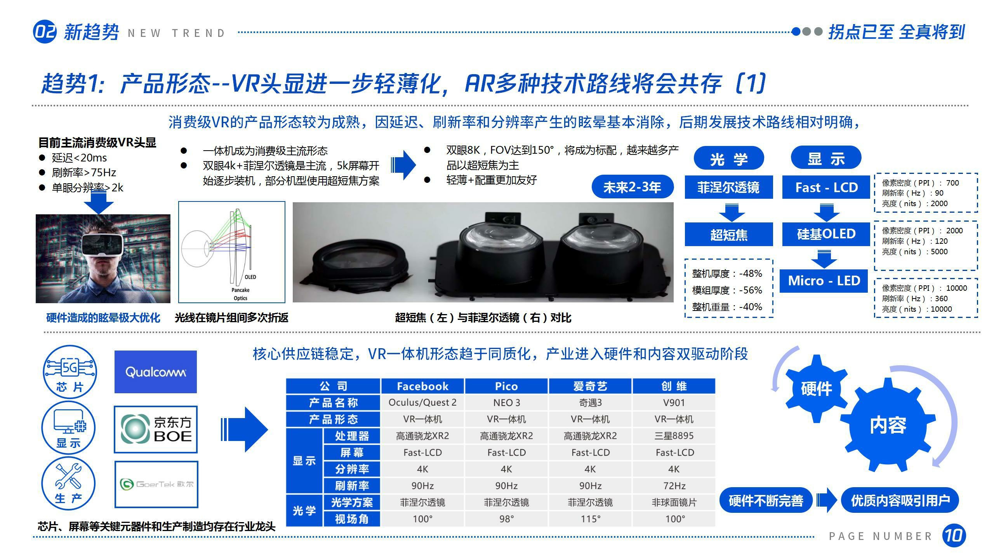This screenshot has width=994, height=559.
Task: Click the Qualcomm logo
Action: coord(155,372)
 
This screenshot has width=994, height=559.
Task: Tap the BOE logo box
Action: coord(156,429)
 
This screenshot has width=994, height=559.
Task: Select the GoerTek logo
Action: coord(156,484)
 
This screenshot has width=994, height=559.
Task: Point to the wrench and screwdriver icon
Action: coord(68,477)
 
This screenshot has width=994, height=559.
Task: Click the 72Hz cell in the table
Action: coord(674,486)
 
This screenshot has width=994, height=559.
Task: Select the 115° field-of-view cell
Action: coord(590,519)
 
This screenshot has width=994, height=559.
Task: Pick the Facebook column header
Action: coord(422,386)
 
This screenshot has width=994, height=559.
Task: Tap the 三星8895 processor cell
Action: coord(674,436)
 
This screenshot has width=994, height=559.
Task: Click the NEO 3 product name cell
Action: coord(506,403)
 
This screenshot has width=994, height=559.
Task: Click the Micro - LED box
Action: coord(824,281)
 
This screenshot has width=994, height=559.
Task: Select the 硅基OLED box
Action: coord(826,234)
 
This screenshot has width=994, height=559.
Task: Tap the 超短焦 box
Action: coord(729,234)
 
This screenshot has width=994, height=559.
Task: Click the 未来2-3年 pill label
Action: coord(632,187)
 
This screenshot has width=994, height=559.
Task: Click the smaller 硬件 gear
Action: coord(816,389)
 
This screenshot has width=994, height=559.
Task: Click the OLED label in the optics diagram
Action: coord(250,277)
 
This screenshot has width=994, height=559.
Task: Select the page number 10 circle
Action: coord(954,536)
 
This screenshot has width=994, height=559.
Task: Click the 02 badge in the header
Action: coord(45,31)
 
